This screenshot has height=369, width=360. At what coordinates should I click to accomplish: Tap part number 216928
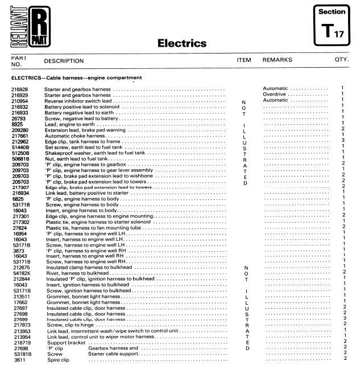pos(20,89)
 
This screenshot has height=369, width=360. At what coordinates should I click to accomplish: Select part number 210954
pos(20,100)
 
